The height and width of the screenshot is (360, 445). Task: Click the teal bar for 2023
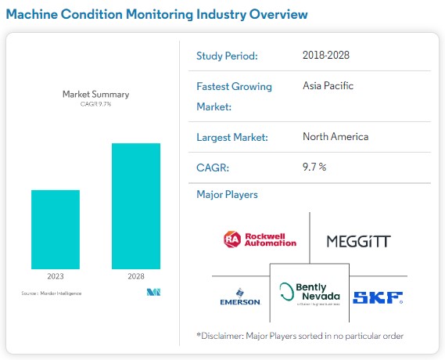[x=56, y=229]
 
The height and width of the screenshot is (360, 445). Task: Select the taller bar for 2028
[x=136, y=206]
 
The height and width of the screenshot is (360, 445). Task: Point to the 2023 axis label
[x=56, y=276]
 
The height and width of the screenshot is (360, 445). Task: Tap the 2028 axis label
[x=136, y=276]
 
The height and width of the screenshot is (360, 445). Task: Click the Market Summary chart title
[x=95, y=94]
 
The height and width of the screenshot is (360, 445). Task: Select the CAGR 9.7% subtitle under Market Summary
[x=95, y=104]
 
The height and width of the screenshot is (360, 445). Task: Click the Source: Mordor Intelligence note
[x=51, y=293]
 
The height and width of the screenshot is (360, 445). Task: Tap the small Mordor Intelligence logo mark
[x=153, y=293]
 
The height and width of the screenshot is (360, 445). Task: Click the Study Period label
[x=226, y=56]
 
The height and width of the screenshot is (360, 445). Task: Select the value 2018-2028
[x=325, y=55]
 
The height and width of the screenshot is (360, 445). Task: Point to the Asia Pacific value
[x=328, y=85]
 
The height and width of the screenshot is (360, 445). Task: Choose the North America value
[x=335, y=137]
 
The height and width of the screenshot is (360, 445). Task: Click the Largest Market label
[x=232, y=138]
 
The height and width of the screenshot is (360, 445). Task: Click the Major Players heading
[x=227, y=194]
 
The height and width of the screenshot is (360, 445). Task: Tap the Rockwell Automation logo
[x=260, y=239]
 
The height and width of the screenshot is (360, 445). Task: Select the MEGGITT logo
[x=357, y=239]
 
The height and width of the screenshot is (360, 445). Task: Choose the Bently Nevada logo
[x=308, y=294]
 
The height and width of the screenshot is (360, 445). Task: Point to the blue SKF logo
[x=378, y=297]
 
